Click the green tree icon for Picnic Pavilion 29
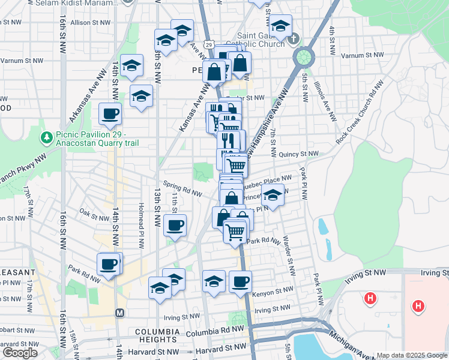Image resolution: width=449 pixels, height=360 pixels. click(x=47, y=139)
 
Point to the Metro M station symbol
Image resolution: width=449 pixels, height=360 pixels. click(x=119, y=313)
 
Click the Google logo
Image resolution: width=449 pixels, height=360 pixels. click(x=20, y=353)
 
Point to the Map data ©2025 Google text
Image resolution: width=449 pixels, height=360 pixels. click(x=411, y=355)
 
